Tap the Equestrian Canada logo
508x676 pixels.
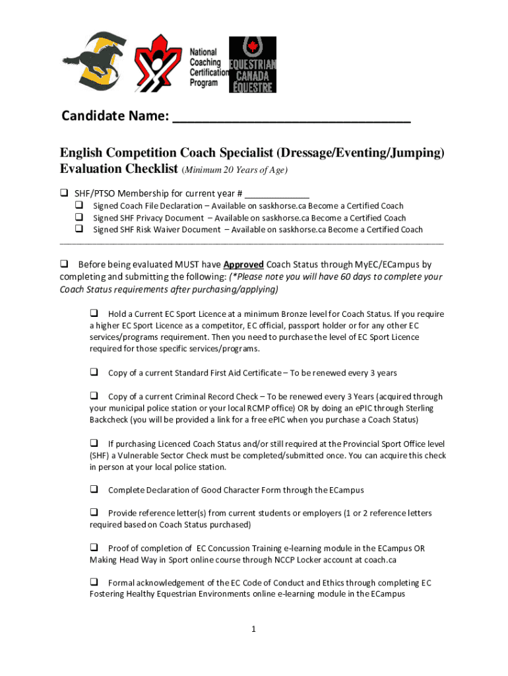[x=252, y=64]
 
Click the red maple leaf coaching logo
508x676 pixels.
[x=158, y=63]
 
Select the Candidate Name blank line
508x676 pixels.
[x=291, y=118]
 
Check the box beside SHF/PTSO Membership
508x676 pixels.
[x=64, y=193]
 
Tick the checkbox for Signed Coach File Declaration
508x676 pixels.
[x=79, y=206]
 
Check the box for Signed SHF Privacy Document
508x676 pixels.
[x=79, y=217]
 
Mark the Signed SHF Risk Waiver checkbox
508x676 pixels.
[x=79, y=229]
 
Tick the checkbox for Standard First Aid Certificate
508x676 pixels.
[x=94, y=372]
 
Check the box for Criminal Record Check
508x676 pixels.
[x=94, y=396]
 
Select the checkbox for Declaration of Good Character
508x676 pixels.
[x=94, y=489]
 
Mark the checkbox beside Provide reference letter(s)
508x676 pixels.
[x=94, y=512]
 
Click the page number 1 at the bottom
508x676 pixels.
[x=253, y=629]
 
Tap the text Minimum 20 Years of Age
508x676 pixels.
[x=235, y=170]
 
